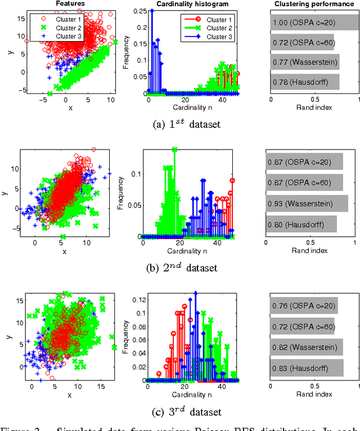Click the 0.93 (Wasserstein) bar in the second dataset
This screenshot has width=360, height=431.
tap(307, 203)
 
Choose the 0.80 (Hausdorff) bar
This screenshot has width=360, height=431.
tap(301, 223)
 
